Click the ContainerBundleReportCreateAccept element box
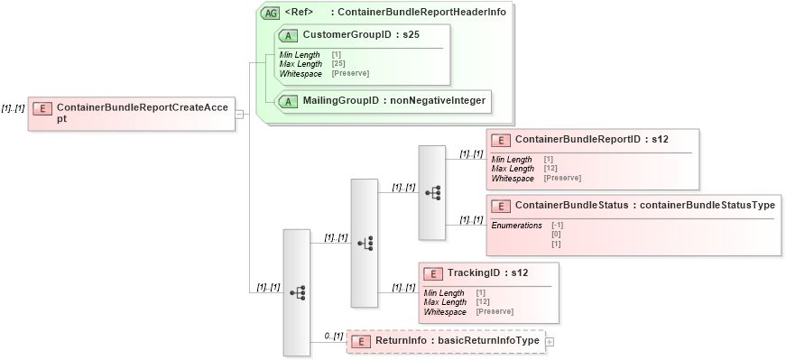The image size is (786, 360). click(x=131, y=113)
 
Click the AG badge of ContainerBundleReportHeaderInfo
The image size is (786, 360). click(x=269, y=13)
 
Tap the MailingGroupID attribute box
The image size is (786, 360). click(x=384, y=101)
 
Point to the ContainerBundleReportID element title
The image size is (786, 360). click(x=591, y=140)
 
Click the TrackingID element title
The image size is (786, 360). click(x=488, y=272)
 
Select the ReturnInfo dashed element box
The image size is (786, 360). click(x=446, y=341)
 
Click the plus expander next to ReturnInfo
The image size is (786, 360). click(x=550, y=341)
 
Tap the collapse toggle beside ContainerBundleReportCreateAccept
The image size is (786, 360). click(x=239, y=114)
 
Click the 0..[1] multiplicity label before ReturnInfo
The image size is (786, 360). click(x=334, y=337)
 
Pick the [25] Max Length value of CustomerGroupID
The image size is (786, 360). click(x=338, y=64)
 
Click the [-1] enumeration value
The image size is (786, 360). click(x=558, y=225)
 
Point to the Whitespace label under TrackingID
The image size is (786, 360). click(x=445, y=311)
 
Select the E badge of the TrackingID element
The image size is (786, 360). click(x=433, y=272)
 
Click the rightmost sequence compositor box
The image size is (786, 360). click(x=431, y=192)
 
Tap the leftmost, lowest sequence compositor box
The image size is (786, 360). click(x=297, y=292)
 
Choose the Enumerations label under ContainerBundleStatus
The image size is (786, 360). click(x=516, y=225)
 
